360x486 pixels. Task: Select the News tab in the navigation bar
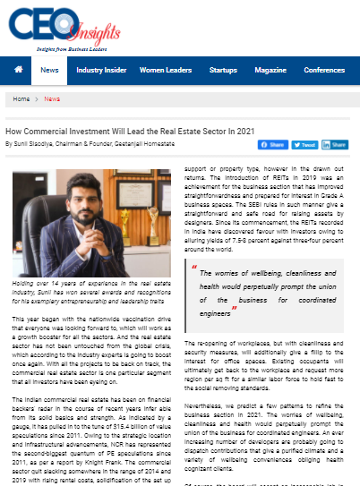tap(50, 70)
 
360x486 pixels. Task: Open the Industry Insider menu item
tap(101, 70)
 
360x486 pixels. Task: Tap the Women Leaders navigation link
tap(166, 70)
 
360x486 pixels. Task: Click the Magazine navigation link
tap(270, 70)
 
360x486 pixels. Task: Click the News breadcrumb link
tap(52, 99)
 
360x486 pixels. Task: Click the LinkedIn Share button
tap(335, 144)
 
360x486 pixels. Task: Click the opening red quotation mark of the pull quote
tap(194, 238)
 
